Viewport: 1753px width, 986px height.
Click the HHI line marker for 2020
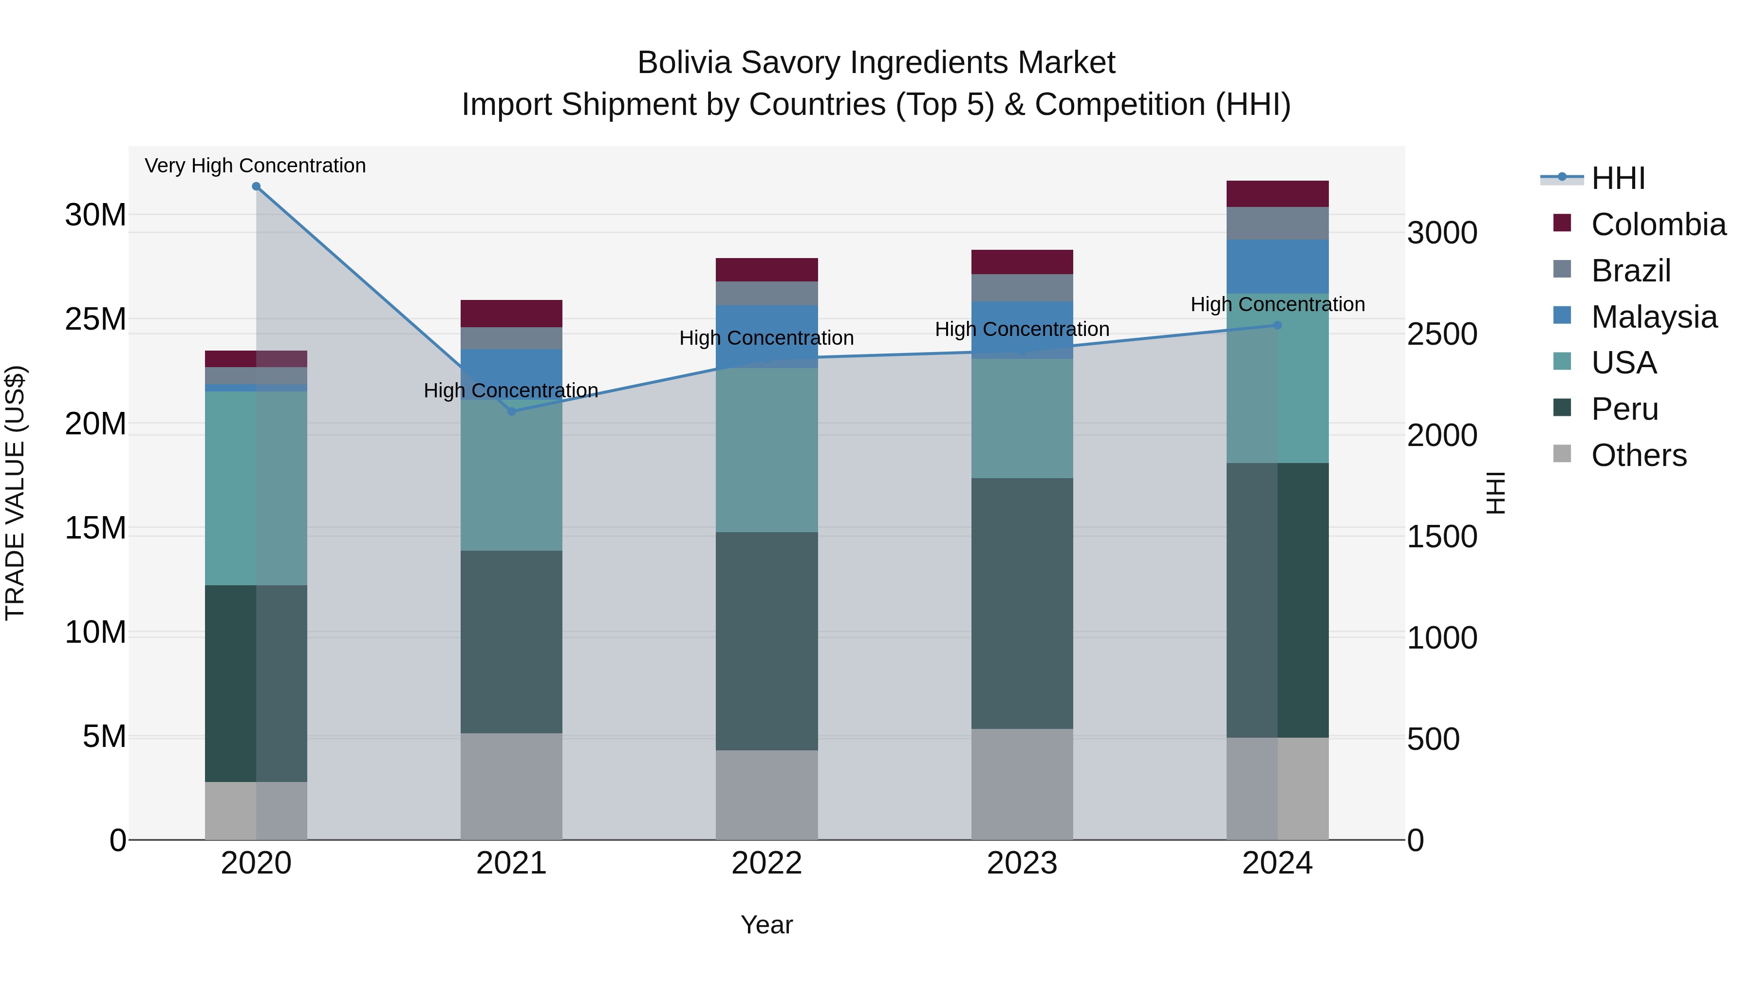256,186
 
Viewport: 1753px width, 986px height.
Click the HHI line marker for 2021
512,411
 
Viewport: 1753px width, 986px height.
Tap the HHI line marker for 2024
1277,325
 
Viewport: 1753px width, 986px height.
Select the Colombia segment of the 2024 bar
1277,194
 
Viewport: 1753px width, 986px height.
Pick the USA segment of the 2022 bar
766,450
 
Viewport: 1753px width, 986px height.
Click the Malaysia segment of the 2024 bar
1277,266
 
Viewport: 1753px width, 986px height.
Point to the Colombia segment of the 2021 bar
511,314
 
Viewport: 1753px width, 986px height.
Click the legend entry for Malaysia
1654,317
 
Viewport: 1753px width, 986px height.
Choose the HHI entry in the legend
1618,178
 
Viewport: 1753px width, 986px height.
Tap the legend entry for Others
1639,455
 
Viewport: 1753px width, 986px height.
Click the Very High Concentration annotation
255,166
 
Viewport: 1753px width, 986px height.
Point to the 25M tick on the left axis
95,319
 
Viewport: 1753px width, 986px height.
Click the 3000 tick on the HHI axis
1441,233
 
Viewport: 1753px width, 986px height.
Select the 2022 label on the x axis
766,863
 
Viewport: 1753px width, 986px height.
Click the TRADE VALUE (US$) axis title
15,493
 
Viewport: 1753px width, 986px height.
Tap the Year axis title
766,925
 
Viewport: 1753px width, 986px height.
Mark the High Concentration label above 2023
1022,329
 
